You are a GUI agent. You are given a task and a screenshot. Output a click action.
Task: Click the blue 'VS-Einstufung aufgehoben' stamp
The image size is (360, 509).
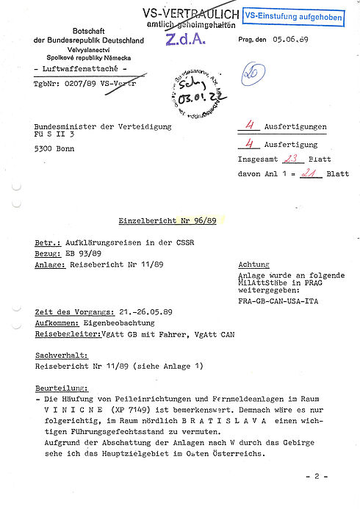coord(292,15)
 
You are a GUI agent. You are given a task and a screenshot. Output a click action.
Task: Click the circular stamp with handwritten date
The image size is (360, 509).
coord(193,97)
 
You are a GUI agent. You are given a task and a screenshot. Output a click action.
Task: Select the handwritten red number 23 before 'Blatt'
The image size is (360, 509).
coord(273,158)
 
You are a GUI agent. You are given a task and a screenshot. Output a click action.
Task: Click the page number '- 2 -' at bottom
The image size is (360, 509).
coord(317,475)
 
